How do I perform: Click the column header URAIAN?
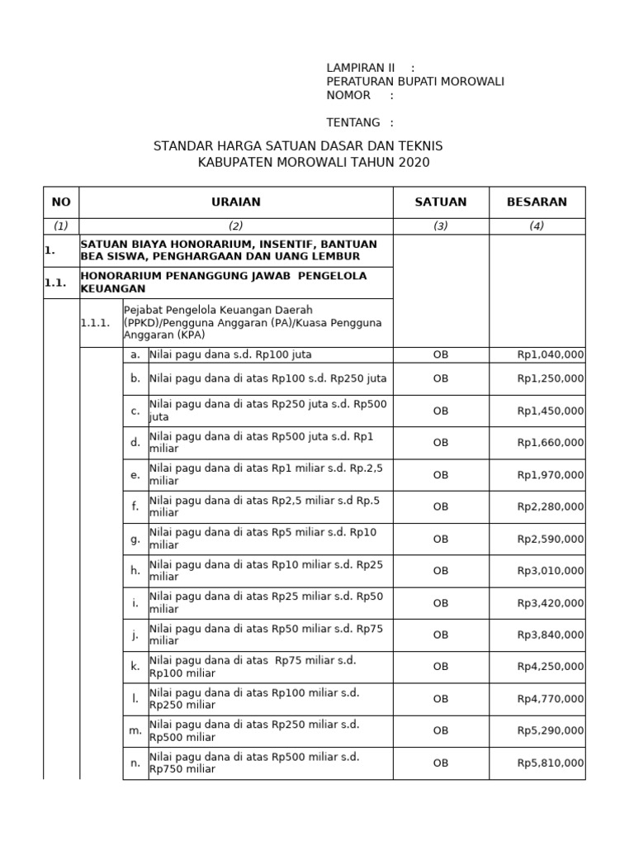click(235, 202)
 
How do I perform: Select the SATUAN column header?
click(441, 202)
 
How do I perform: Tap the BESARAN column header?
click(537, 202)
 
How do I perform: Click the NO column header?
click(61, 202)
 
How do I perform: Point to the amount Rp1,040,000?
click(550, 354)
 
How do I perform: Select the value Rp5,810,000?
click(550, 763)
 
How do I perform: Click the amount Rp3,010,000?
click(550, 570)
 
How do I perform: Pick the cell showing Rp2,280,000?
click(550, 506)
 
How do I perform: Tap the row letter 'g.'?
click(135, 539)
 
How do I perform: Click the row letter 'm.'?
click(135, 730)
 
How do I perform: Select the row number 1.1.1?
click(95, 323)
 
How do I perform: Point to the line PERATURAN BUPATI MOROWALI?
click(415, 81)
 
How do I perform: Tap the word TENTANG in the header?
click(353, 122)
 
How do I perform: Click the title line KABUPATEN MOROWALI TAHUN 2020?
click(314, 162)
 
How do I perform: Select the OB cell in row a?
click(441, 354)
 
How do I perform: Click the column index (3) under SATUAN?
click(441, 226)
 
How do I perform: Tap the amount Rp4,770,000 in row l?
click(550, 699)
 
